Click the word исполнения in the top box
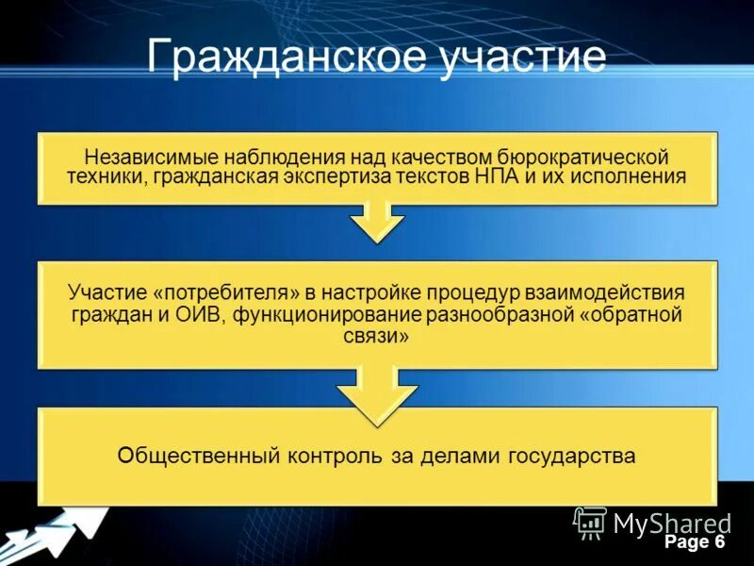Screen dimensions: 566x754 [x=632, y=176]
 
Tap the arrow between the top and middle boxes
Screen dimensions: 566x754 [x=377, y=224]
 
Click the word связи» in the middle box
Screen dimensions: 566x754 [x=376, y=336]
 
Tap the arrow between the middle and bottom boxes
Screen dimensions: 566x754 [x=377, y=391]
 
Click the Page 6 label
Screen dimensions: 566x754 [x=694, y=542]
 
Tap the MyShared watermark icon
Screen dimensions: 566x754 [x=590, y=522]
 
